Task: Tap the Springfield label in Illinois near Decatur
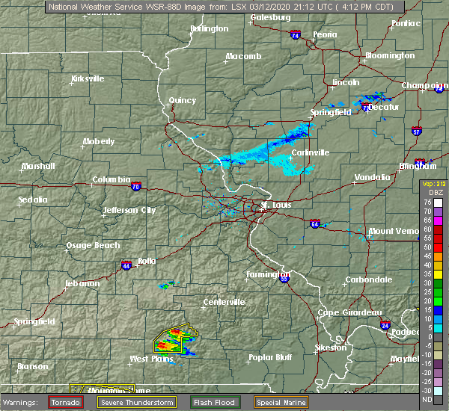coord(331,112)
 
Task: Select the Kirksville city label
coord(88,78)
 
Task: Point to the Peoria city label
coord(325,34)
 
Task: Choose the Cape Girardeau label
coord(350,312)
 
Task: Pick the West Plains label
coord(150,359)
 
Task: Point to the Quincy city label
coord(183,101)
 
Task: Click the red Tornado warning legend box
coord(66,402)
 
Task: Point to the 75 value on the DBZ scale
coord(429,202)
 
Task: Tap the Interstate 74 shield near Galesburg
coord(296,35)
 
